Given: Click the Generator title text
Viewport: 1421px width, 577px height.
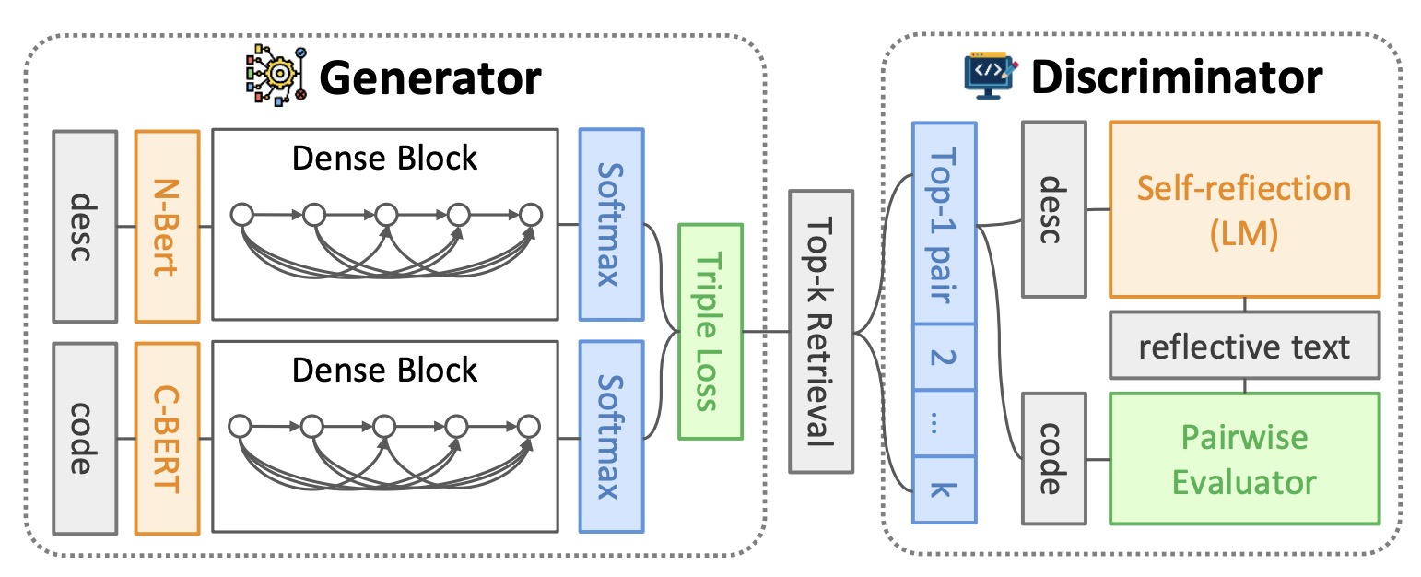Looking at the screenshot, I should point(429,79).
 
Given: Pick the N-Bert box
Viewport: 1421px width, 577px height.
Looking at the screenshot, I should point(167,226).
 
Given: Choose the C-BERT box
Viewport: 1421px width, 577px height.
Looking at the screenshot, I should point(167,438).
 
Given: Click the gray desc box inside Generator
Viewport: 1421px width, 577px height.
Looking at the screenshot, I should point(85,226).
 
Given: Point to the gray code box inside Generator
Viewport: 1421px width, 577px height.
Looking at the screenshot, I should point(85,438).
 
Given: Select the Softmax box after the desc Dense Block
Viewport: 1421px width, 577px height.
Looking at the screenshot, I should point(611,226).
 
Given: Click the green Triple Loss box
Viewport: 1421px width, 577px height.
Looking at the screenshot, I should point(710,330).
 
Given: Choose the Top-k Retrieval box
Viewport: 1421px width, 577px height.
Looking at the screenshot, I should point(822,332).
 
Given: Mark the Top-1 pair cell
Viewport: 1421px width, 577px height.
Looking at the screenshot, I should point(943,222).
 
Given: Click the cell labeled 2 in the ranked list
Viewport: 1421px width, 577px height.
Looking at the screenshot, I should point(943,356).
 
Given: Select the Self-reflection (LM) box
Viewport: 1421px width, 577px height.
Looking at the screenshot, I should point(1244,209).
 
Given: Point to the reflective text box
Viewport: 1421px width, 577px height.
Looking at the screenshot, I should point(1244,346).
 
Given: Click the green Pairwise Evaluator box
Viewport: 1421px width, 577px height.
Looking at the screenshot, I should point(1244,458).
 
